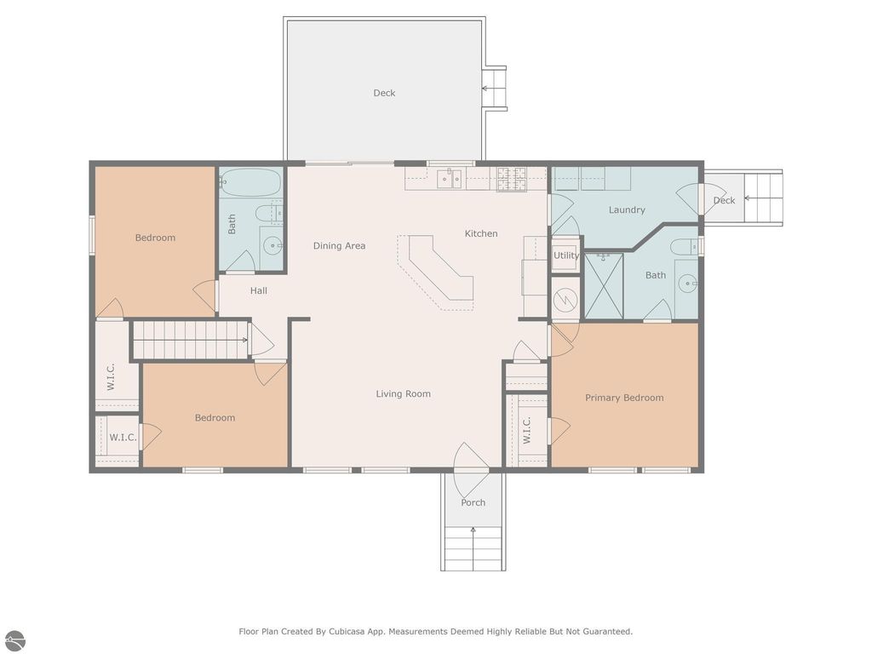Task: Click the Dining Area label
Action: (339, 246)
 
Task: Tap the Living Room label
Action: (403, 393)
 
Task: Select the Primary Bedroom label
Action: (624, 398)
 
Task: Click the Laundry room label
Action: (627, 209)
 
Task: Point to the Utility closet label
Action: (566, 255)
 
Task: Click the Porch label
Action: (473, 502)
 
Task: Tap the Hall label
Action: (259, 290)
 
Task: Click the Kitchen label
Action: (481, 233)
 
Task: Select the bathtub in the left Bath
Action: (251, 182)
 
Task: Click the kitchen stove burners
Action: (512, 179)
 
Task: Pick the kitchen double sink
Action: (450, 179)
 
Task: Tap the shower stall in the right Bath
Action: (604, 286)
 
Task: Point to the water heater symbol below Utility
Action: (565, 300)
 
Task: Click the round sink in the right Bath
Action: (688, 284)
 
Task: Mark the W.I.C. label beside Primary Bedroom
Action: (526, 430)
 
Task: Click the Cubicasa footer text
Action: (436, 631)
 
